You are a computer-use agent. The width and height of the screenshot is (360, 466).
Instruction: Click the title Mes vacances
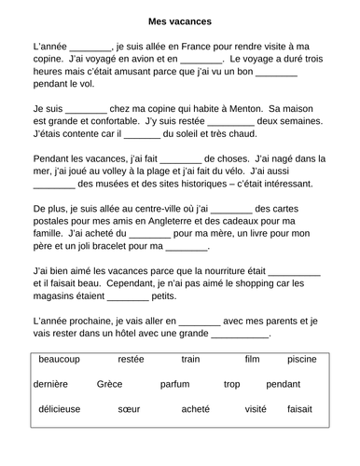(179, 20)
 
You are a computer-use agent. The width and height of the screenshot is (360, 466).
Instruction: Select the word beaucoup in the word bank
(60, 358)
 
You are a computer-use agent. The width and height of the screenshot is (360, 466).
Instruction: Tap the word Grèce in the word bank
(110, 383)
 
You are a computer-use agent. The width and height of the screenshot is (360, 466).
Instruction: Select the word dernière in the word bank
(56, 383)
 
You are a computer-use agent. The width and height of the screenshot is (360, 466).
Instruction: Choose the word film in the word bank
(251, 358)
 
